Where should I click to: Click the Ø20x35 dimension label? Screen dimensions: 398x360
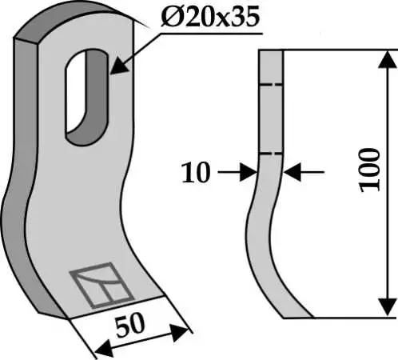[x=210, y=18]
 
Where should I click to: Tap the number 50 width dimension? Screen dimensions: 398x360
[x=130, y=325]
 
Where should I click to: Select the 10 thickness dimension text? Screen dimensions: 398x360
[x=196, y=173]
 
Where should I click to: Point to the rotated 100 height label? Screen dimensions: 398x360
[x=370, y=170]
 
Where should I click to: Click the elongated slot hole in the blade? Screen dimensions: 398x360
[x=87, y=97]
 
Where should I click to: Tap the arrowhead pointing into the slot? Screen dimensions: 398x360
[x=117, y=67]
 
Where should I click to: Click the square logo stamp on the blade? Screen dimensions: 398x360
[x=101, y=286]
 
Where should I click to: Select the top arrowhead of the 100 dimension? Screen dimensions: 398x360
[x=387, y=59]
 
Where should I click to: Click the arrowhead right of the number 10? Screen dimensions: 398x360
[x=249, y=172]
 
